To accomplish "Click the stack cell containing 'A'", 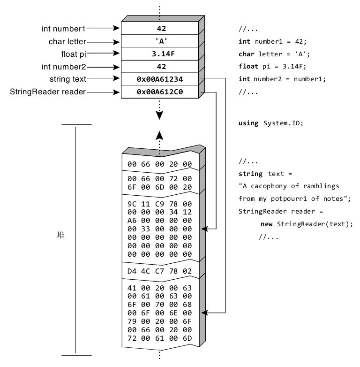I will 159,41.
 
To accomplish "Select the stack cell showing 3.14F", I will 159,54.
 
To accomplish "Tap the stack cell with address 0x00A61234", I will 159,79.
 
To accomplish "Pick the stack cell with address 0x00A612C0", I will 159,92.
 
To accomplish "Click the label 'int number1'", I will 63,29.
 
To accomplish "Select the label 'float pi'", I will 72,54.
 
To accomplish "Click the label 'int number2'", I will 63,67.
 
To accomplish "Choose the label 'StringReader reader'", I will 48,92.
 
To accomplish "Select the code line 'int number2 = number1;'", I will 282,79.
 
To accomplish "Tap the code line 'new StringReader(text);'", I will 306,224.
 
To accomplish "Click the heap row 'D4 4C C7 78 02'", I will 159,271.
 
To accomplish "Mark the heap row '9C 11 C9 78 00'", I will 159,205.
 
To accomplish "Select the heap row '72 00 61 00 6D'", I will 159,338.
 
